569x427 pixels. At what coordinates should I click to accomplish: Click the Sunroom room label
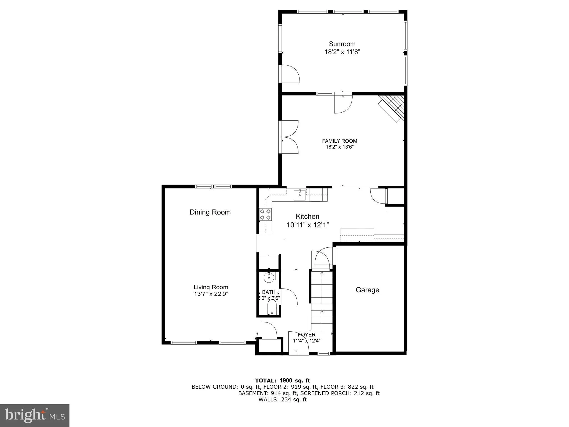click(x=342, y=44)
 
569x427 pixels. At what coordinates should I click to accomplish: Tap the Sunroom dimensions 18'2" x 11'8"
click(x=342, y=52)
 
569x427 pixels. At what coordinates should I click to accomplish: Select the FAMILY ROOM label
click(x=340, y=141)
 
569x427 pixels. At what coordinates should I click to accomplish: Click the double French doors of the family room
click(x=290, y=137)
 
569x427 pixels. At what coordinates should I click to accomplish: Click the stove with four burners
click(x=265, y=214)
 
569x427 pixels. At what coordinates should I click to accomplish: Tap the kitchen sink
click(x=300, y=195)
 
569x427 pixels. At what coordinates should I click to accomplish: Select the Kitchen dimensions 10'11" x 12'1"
click(x=308, y=225)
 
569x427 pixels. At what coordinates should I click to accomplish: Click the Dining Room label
click(x=210, y=212)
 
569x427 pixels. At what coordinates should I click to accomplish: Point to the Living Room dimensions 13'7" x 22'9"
click(x=211, y=294)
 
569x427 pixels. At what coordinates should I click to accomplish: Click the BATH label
click(x=269, y=292)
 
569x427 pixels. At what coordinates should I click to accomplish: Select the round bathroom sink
click(x=269, y=277)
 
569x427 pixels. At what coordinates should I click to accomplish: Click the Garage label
click(x=367, y=290)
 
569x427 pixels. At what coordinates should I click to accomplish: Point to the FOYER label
click(x=307, y=335)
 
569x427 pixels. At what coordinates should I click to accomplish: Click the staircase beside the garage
click(x=321, y=300)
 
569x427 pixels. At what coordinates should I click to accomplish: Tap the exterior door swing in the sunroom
click(x=290, y=74)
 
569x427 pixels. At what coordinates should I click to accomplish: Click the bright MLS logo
click(x=35, y=415)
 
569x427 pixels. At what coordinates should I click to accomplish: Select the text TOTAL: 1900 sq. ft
click(x=283, y=381)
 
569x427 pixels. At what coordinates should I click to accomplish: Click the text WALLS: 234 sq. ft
click(x=283, y=399)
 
